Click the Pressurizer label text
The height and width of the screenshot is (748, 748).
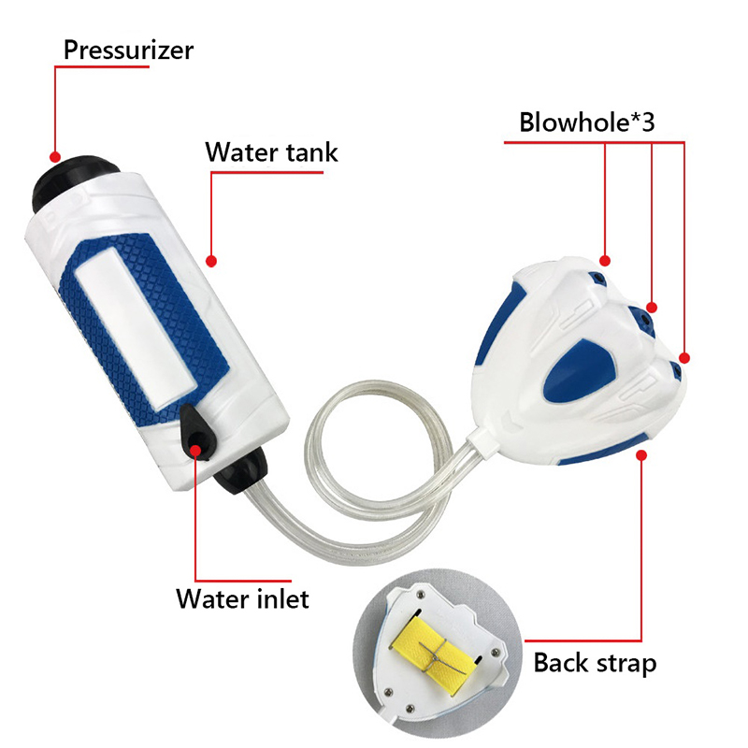pyautogui.click(x=128, y=50)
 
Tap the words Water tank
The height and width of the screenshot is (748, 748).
pyautogui.click(x=271, y=152)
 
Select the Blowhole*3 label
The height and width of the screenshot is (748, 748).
pyautogui.click(x=587, y=122)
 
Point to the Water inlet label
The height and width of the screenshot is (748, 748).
pyautogui.click(x=242, y=598)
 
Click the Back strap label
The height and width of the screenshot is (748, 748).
pyautogui.click(x=595, y=663)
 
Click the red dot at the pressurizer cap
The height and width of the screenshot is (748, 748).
pyautogui.click(x=55, y=157)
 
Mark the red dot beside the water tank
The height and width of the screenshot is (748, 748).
pyautogui.click(x=211, y=261)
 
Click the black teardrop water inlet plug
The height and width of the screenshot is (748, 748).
pyautogui.click(x=196, y=432)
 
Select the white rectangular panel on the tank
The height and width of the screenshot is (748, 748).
pyautogui.click(x=136, y=328)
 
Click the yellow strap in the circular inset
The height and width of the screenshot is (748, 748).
pyautogui.click(x=436, y=650)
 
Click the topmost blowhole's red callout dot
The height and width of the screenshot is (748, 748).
pyautogui.click(x=605, y=261)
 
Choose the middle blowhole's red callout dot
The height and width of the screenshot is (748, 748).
pyautogui.click(x=652, y=308)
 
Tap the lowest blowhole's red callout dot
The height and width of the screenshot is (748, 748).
pyautogui.click(x=684, y=358)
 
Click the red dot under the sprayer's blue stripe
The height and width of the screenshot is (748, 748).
pyautogui.click(x=641, y=455)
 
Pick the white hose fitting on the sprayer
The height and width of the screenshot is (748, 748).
pyautogui.click(x=482, y=442)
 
